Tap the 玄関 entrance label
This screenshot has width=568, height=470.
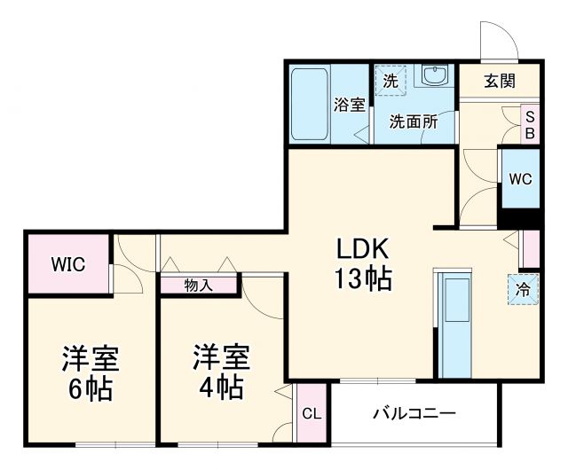click(x=500, y=81)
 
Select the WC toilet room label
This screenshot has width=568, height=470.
click(x=520, y=177)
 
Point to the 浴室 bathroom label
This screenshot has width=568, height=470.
click(x=349, y=106)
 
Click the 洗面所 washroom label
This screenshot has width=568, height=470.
click(x=414, y=122)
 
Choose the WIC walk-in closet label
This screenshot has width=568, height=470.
click(x=67, y=264)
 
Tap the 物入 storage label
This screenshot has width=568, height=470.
click(x=198, y=285)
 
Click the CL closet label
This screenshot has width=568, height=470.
click(x=311, y=413)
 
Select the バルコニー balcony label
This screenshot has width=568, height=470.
click(x=414, y=413)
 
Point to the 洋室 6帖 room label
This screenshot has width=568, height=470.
click(x=90, y=372)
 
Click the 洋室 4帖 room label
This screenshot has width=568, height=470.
click(x=222, y=372)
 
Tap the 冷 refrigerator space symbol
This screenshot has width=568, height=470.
click(x=524, y=288)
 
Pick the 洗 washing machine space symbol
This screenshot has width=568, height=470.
click(x=390, y=80)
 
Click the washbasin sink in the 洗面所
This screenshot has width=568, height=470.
click(x=435, y=76)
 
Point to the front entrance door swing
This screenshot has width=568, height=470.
click(x=494, y=40)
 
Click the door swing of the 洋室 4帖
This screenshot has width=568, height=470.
click(x=264, y=297)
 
